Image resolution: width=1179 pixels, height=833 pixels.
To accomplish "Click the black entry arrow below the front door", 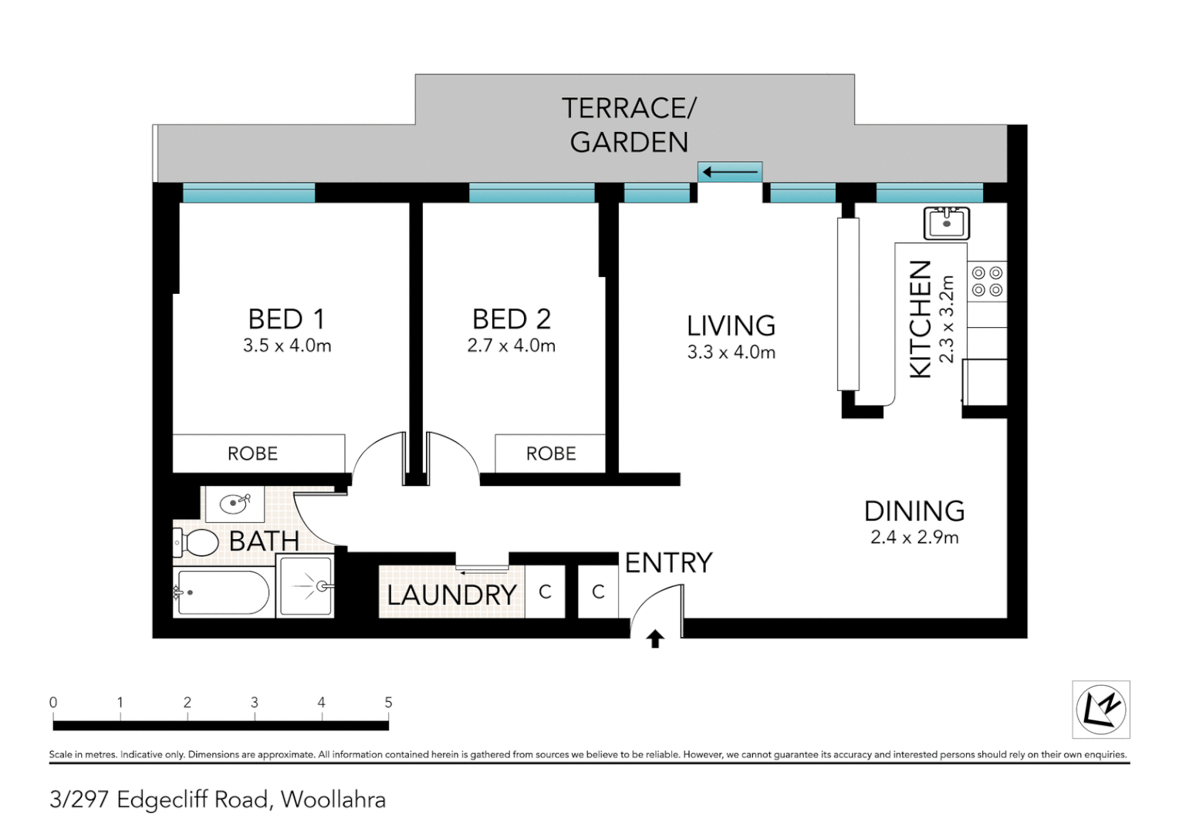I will (655, 639).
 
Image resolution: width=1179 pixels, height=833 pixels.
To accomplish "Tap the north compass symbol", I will (1101, 710).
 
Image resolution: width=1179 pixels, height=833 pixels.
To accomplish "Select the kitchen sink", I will (947, 223).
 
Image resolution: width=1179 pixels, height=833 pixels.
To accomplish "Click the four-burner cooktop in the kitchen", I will (987, 282).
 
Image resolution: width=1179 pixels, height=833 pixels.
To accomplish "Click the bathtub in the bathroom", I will (222, 592).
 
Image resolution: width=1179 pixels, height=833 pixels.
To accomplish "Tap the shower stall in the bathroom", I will (306, 588).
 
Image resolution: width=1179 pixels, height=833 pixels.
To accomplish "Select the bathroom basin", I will (235, 504).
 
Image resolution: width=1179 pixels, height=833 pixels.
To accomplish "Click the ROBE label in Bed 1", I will (252, 454).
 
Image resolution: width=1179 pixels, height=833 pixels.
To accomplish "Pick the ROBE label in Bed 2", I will (551, 454).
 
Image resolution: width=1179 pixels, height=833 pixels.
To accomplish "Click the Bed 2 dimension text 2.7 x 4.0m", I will (511, 346).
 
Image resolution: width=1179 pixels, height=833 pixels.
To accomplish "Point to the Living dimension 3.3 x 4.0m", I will (731, 352).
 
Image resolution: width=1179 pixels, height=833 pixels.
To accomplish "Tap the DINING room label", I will (914, 511).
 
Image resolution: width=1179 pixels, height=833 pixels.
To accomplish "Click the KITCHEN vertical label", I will (921, 319).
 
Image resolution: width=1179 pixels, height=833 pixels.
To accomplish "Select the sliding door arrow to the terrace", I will (730, 172).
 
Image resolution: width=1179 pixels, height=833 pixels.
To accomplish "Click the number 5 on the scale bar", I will (388, 703).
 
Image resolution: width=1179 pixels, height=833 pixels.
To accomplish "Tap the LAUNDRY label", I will (451, 595).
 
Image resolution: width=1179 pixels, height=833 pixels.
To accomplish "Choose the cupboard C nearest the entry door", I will (598, 592).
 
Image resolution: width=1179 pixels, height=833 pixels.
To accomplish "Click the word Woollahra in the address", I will (333, 799).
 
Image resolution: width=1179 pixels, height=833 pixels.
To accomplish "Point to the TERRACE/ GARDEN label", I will (629, 125).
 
